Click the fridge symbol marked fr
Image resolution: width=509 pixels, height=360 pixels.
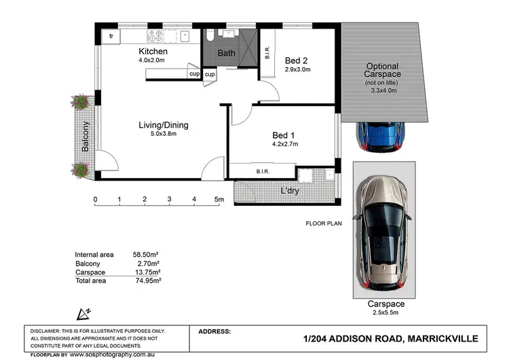(111, 36)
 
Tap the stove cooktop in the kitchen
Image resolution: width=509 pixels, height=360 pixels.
(155, 36)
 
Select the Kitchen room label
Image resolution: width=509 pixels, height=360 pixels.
(153, 52)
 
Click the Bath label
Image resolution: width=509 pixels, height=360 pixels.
(226, 53)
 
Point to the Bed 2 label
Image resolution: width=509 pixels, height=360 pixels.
(296, 60)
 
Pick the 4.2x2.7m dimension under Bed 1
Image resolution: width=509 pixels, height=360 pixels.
(285, 144)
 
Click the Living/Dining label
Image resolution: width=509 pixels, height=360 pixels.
(164, 125)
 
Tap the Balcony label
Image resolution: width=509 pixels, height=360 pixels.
(86, 137)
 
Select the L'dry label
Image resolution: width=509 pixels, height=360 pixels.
(290, 191)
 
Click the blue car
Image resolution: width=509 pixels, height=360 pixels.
(381, 136)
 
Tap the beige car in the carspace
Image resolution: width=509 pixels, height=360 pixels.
(383, 233)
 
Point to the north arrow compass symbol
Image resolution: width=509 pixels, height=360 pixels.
(83, 314)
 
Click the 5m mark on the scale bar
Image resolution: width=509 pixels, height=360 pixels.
(219, 199)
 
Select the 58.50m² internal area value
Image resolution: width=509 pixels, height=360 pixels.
(145, 255)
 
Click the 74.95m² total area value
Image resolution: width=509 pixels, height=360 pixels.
(149, 281)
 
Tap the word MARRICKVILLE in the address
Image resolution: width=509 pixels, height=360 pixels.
(442, 338)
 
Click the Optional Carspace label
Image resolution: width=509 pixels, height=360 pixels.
(382, 70)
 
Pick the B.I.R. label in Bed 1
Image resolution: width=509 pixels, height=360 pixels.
(263, 171)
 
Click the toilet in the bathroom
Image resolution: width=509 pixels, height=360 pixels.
(210, 35)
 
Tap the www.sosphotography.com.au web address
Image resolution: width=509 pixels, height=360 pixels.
(112, 355)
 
